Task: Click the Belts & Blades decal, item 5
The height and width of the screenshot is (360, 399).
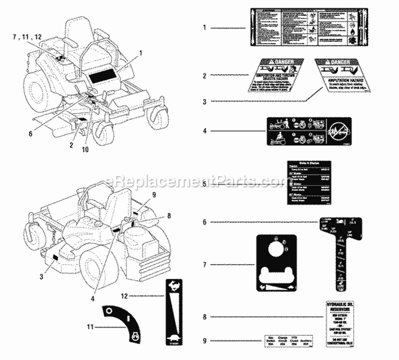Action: (305, 181)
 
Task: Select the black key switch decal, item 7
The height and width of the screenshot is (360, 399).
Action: (276, 264)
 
